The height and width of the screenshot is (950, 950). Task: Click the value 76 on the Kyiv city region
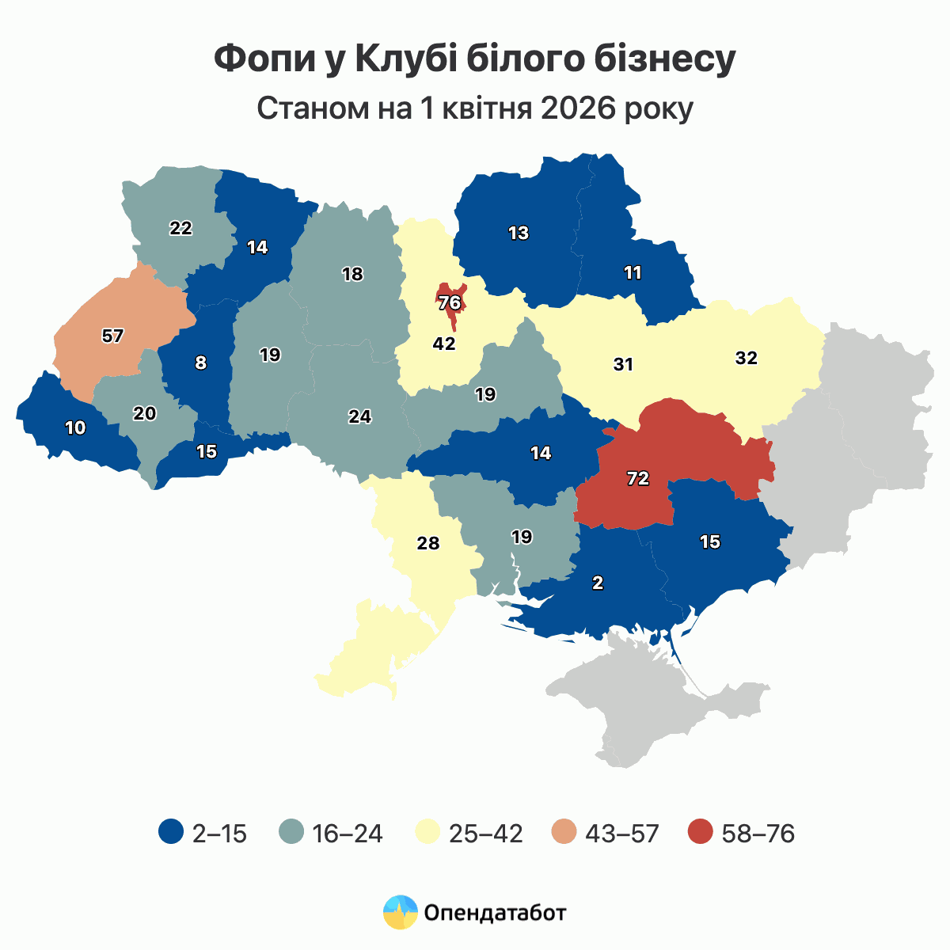(x=449, y=302)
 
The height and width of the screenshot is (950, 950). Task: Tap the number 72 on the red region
(x=638, y=478)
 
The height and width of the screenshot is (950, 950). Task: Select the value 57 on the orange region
(x=113, y=336)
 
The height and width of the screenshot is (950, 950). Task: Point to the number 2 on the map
(x=598, y=583)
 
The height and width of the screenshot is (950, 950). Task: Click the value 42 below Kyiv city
(x=444, y=344)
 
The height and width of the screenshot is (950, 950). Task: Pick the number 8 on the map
(x=200, y=363)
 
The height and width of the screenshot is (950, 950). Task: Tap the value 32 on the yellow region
(x=746, y=358)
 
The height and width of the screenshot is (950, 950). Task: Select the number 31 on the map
(x=623, y=365)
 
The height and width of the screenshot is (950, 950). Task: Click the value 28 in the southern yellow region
(x=427, y=544)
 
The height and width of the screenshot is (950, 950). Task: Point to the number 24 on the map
(x=360, y=416)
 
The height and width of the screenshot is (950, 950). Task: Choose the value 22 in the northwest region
(x=180, y=228)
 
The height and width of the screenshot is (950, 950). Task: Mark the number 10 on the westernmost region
(x=75, y=428)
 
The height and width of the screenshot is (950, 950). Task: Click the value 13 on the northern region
(x=519, y=234)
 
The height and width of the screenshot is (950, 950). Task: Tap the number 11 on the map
(x=633, y=273)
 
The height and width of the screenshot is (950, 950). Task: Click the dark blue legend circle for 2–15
(x=171, y=833)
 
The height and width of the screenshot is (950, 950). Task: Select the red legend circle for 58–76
(x=700, y=833)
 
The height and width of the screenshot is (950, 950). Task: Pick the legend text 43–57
(x=622, y=834)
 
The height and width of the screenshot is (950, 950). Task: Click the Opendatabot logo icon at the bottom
(x=400, y=913)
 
